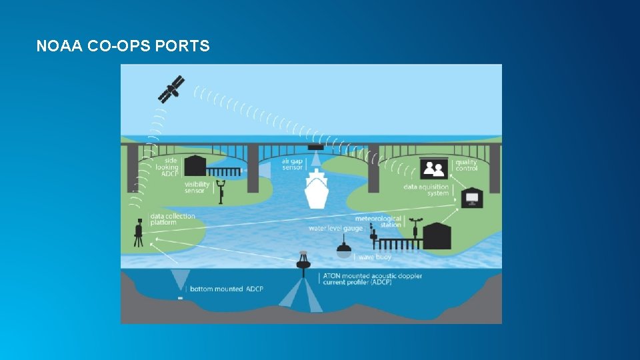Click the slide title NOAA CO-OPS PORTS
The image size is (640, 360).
[x=123, y=46]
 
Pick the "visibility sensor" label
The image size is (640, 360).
[x=197, y=188]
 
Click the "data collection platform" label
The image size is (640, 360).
[x=172, y=219]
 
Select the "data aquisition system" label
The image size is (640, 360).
[x=426, y=190]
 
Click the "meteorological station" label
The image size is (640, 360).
[x=378, y=221]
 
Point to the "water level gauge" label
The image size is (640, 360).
[x=335, y=228]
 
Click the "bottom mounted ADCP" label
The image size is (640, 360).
[x=226, y=289]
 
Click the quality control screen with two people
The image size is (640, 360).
[x=434, y=169]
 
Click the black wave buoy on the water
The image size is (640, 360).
[x=344, y=249]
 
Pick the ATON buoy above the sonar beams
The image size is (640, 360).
[x=304, y=261]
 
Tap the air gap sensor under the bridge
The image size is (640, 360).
[x=315, y=147]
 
